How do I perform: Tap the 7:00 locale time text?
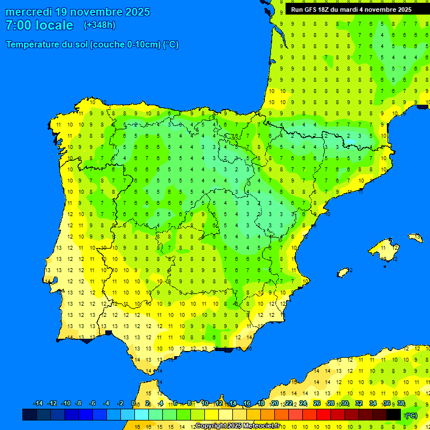[x=39, y=25]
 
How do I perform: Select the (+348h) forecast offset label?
[x=99, y=25]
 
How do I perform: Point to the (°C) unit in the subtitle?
[x=171, y=45]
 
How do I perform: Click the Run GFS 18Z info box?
[x=351, y=10]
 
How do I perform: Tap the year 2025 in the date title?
[x=133, y=12]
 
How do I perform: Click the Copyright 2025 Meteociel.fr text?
[x=237, y=426]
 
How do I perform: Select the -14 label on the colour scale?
[x=38, y=404]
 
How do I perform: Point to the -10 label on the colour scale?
[x=66, y=404]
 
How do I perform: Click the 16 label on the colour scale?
[x=247, y=404]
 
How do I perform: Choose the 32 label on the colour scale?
[x=359, y=404]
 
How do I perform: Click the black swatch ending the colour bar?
[x=394, y=414]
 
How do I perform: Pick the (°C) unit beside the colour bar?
[x=412, y=415]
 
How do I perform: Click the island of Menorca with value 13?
[x=414, y=237]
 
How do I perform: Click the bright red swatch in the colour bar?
[x=324, y=414]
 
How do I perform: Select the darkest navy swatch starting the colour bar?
[x=30, y=414]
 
